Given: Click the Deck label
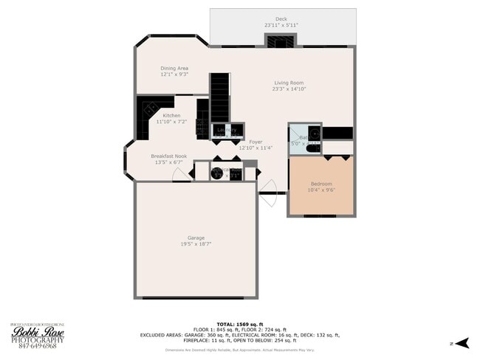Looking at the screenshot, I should (x=281, y=18).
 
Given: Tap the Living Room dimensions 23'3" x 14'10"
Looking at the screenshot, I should (x=289, y=89).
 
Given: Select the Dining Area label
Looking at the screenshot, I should (x=174, y=68).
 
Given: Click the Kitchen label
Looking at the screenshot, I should (x=171, y=115).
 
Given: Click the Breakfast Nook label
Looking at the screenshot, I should (x=168, y=156).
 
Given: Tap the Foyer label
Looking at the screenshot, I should (x=256, y=141).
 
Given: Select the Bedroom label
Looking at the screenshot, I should (x=320, y=183).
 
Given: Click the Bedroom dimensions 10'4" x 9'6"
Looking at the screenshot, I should (x=320, y=190).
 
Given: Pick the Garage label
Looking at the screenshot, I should (x=195, y=238).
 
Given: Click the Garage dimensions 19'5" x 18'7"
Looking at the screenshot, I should (x=195, y=244).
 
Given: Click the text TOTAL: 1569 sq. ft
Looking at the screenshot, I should (x=253, y=324).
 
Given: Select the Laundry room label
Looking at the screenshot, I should (x=227, y=130).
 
